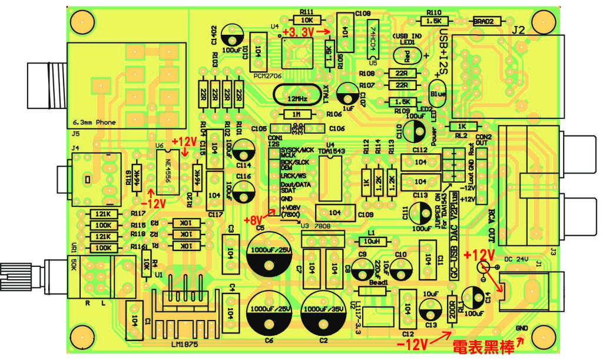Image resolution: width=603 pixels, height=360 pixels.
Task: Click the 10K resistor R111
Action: coord(306,19)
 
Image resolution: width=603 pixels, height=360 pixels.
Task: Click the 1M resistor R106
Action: coord(298,114)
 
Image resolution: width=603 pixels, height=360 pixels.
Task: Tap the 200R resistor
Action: coord(452,310)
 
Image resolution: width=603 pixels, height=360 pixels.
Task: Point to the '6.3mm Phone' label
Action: coord(94,123)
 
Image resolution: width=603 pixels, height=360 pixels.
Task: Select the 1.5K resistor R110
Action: coord(433,21)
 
